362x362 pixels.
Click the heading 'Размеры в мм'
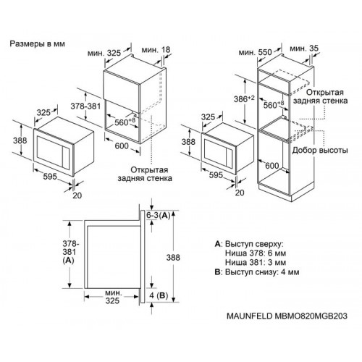coord(38,43)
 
